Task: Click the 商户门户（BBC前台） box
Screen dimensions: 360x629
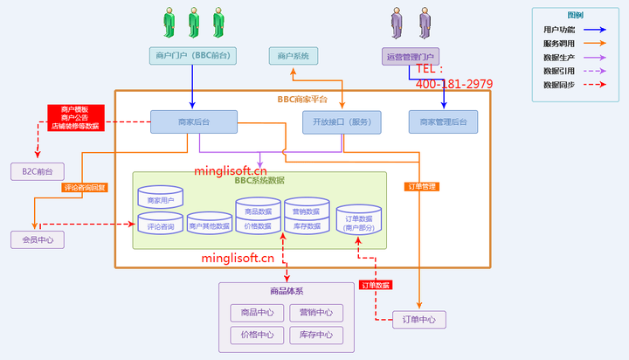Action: point(192,56)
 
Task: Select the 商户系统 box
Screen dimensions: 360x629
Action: point(294,56)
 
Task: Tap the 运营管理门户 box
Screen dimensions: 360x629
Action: point(411,56)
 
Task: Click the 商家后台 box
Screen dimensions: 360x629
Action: point(193,121)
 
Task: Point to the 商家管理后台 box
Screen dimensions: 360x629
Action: point(443,121)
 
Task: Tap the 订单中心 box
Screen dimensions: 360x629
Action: point(419,319)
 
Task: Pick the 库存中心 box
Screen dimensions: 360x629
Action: point(315,335)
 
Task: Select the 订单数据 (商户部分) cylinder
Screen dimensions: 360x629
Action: point(359,219)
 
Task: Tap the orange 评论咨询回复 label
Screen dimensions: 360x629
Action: point(85,187)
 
